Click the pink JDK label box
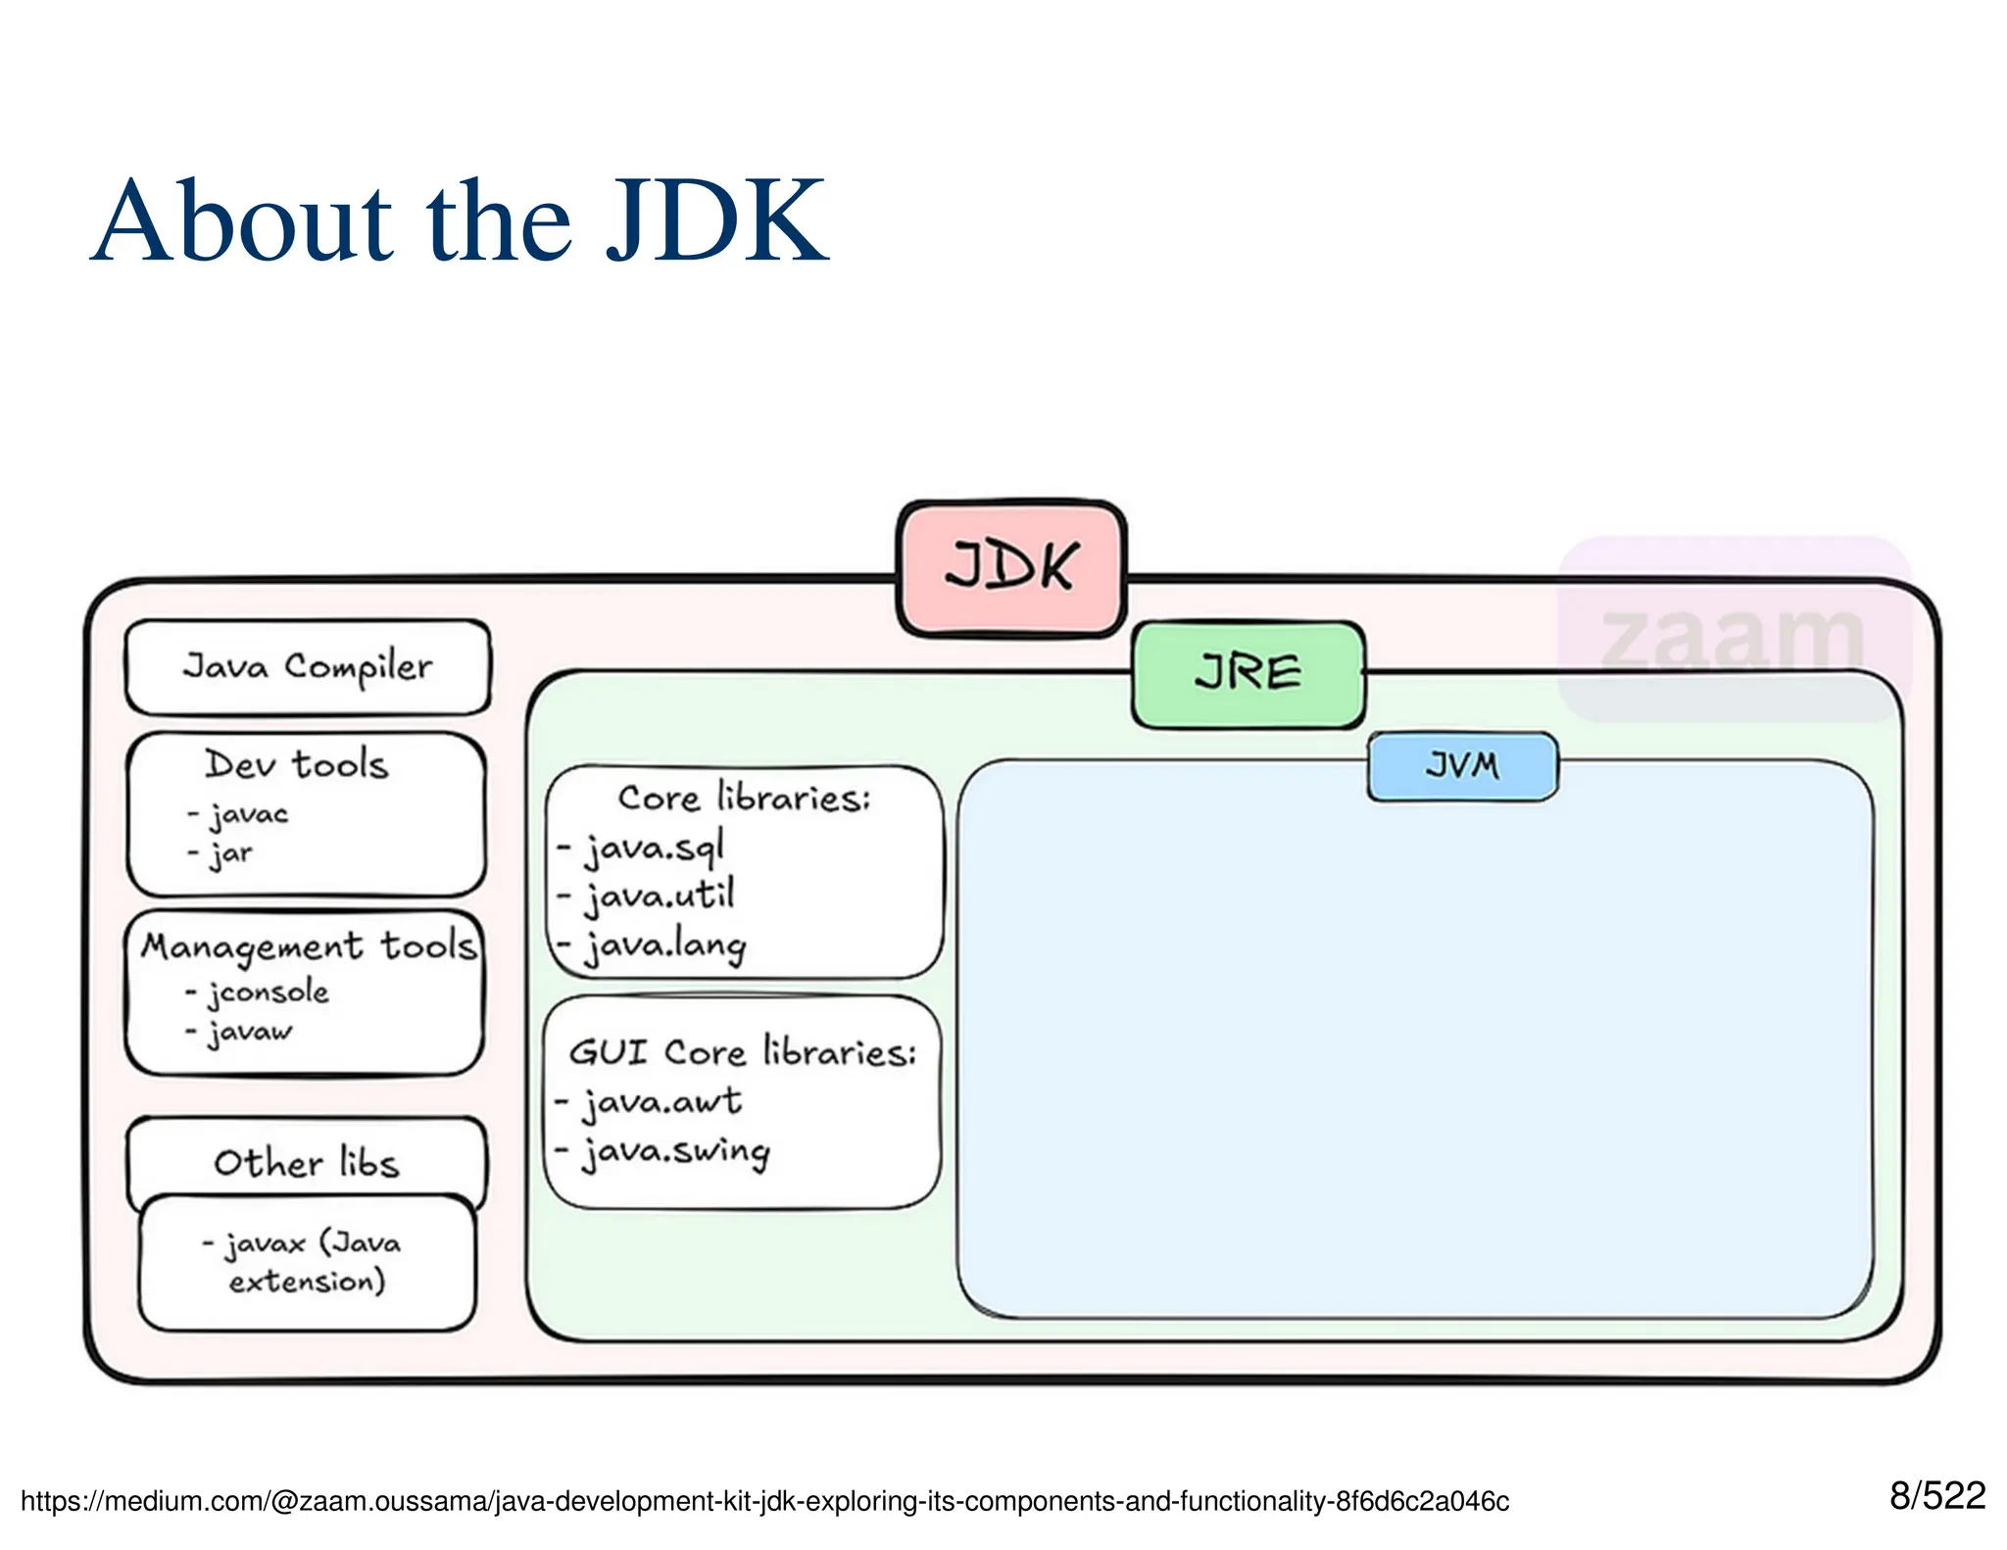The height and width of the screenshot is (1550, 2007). [x=1010, y=567]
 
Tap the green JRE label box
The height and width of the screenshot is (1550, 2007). [x=1248, y=674]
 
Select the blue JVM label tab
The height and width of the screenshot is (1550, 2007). [x=1461, y=765]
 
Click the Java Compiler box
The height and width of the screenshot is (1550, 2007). [x=307, y=666]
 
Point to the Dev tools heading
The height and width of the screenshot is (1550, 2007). [x=296, y=764]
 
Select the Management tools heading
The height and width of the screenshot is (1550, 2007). [x=308, y=945]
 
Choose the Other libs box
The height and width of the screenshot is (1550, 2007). [x=306, y=1162]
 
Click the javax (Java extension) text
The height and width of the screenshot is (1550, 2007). [x=306, y=1262]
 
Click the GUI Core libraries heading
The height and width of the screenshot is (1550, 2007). [x=742, y=1051]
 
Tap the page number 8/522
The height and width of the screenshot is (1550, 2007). [x=1936, y=1495]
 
